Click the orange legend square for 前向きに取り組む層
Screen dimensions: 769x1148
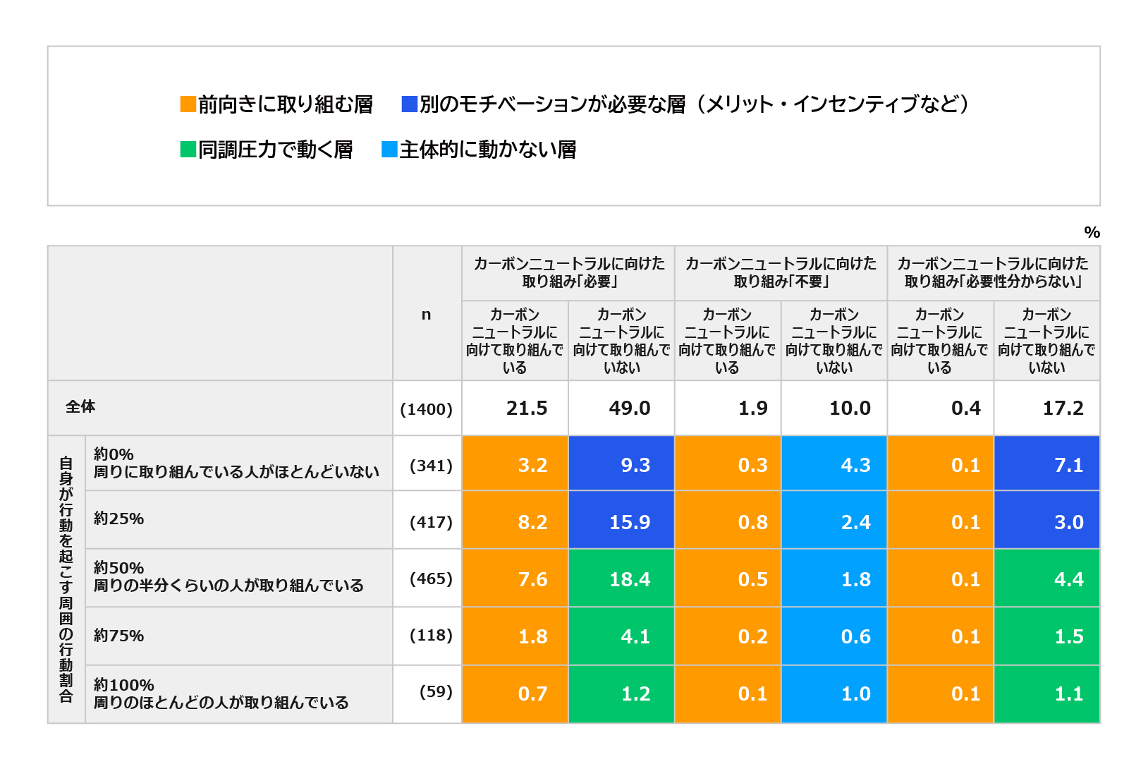click(188, 104)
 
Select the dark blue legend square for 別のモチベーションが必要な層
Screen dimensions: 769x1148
click(409, 104)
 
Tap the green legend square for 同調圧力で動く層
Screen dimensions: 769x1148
click(188, 150)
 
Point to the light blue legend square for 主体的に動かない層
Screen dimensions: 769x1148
click(389, 150)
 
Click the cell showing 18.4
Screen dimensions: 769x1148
click(621, 579)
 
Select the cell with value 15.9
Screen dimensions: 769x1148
click(621, 521)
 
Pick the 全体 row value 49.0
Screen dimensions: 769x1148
click(621, 408)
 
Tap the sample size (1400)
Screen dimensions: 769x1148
click(427, 408)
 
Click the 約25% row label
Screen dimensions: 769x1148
click(118, 519)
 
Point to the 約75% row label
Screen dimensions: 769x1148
click(118, 636)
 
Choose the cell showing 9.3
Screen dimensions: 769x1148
click(621, 464)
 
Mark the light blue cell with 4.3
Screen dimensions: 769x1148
click(834, 464)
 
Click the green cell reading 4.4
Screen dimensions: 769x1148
click(1047, 579)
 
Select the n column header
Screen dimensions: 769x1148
click(427, 315)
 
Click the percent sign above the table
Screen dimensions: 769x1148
click(1092, 232)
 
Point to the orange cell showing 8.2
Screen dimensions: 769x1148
click(515, 521)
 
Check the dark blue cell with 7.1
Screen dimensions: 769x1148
click(1047, 464)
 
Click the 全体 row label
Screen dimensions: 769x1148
click(80, 406)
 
